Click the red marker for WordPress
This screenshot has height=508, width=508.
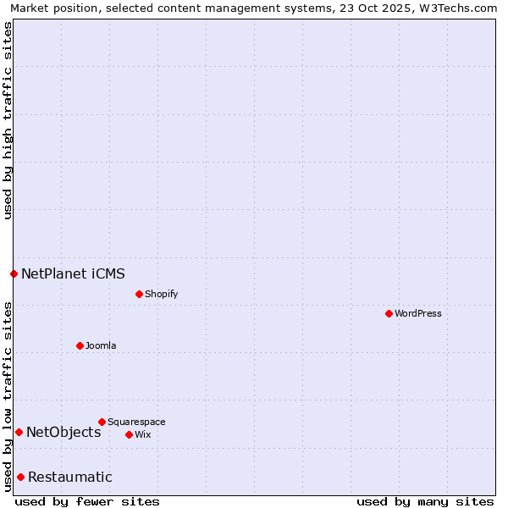tap(389, 313)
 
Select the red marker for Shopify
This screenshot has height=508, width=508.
tap(139, 294)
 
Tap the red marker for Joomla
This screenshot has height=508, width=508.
tap(80, 345)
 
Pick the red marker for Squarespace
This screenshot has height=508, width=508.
tap(102, 422)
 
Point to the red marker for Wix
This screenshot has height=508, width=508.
tap(129, 434)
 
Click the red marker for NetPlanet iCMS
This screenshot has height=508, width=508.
tap(14, 273)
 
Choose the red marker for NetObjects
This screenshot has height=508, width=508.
tap(19, 432)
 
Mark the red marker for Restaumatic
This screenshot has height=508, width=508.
tap(20, 477)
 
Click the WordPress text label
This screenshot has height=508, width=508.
tap(418, 313)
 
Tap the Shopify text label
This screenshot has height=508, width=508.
tap(162, 294)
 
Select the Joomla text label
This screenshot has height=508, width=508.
tap(101, 345)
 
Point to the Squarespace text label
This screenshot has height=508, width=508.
tap(136, 422)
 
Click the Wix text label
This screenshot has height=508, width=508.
tap(143, 434)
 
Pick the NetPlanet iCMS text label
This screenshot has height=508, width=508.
tap(73, 273)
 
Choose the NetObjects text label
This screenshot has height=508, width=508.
tap(63, 432)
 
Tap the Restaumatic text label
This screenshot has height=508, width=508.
tap(69, 477)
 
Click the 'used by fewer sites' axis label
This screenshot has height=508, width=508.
tap(87, 501)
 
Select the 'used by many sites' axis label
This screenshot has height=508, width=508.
tap(425, 501)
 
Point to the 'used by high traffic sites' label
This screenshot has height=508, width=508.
tap(8, 120)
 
